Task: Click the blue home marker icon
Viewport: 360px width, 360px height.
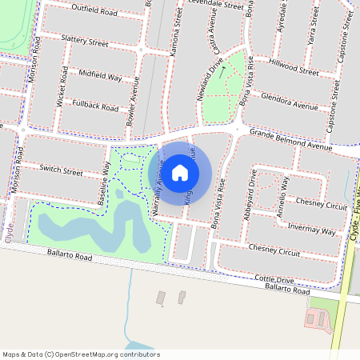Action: point(180,172)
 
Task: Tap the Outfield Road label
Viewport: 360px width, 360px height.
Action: point(94,13)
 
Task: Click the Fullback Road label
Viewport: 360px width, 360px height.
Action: point(95,105)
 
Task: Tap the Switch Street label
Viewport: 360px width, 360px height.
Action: point(62,171)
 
